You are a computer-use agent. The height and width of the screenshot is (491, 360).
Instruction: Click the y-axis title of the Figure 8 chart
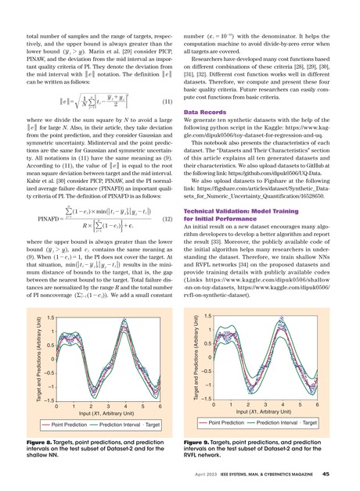(16, 346)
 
